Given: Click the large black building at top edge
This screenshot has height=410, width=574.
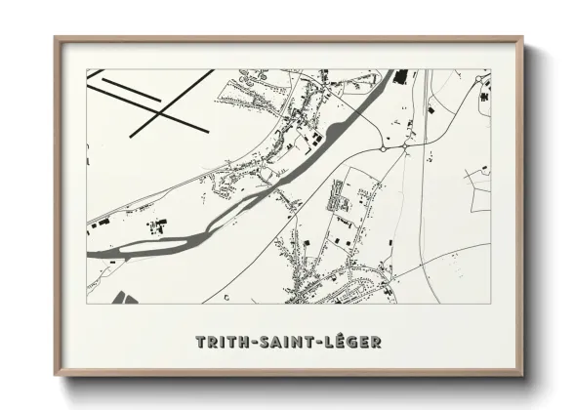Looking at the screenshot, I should point(400,76).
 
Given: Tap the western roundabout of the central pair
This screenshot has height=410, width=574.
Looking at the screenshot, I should point(383,148).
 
